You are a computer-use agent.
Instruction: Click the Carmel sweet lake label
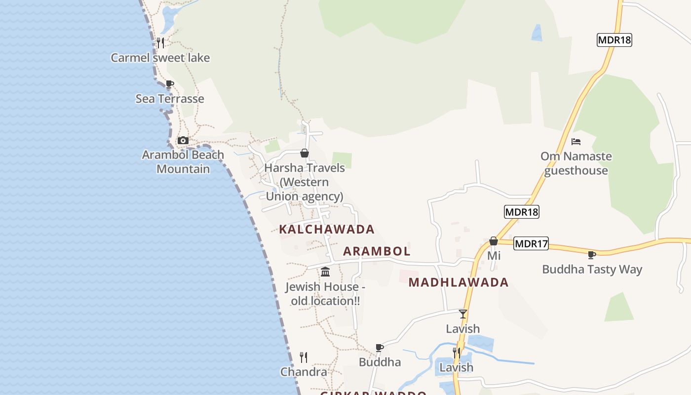tap(160, 58)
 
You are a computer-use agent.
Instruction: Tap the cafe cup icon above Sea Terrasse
tap(170, 84)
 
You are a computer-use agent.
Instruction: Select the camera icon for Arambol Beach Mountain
tap(183, 140)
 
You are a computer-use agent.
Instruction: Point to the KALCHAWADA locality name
tap(327, 229)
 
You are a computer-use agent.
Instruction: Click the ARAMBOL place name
tap(377, 251)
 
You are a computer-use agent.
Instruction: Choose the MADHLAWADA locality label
tap(459, 282)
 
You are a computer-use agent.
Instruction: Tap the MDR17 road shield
tap(531, 243)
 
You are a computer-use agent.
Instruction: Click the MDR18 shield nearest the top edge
tap(614, 40)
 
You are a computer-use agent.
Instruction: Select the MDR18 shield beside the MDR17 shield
tap(522, 212)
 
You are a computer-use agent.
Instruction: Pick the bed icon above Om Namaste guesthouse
tap(576, 142)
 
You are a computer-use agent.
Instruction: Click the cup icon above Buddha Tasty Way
tap(592, 255)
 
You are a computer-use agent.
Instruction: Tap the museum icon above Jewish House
tap(325, 272)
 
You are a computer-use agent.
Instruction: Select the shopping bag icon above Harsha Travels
tap(305, 153)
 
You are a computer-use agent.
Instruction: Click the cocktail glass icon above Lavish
tap(462, 314)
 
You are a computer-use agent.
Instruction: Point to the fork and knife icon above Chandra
tap(304, 357)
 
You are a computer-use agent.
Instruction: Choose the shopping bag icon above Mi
tap(493, 241)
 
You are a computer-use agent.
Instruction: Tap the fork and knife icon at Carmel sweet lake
tap(160, 43)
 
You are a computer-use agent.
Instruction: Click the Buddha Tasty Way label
tap(592, 270)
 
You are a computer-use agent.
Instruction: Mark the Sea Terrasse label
tap(170, 99)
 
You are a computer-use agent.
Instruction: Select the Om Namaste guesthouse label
tap(576, 163)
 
